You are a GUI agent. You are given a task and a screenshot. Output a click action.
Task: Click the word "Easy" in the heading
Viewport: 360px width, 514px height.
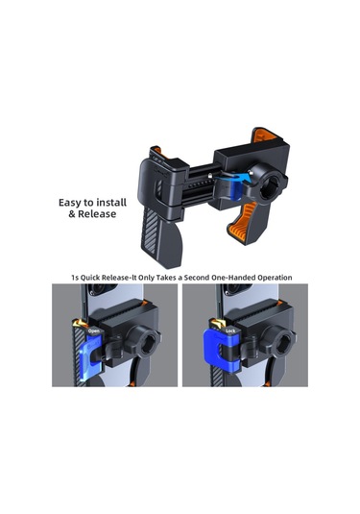(x=70, y=203)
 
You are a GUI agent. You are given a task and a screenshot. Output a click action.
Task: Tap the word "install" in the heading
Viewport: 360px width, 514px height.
(x=110, y=203)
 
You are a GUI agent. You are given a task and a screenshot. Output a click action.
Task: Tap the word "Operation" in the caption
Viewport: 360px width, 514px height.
(x=275, y=278)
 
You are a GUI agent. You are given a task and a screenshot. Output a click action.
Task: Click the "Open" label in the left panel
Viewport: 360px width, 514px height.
(x=94, y=331)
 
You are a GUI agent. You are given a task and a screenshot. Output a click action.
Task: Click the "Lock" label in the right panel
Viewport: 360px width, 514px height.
(x=230, y=330)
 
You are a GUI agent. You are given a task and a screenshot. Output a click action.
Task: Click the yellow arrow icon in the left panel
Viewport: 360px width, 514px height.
(x=80, y=324)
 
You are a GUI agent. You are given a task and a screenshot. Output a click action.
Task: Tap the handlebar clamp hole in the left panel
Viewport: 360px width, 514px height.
(x=148, y=345)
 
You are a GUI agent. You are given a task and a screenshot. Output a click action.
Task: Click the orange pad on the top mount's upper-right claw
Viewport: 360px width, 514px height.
(x=263, y=135)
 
